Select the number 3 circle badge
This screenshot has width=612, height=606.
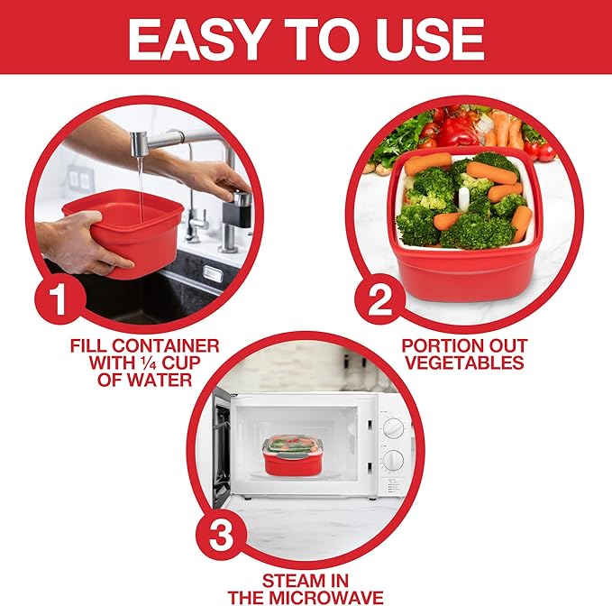(x=222, y=538)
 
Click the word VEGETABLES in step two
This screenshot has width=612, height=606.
(x=463, y=363)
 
